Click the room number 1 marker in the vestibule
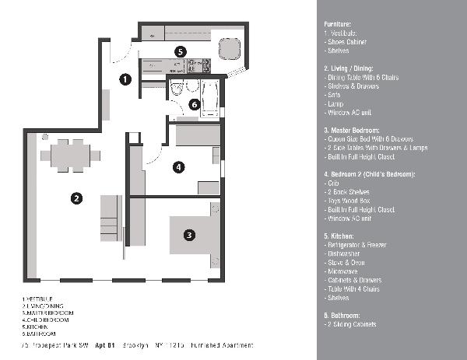(125, 79)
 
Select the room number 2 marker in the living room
(76, 197)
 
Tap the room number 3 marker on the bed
(188, 233)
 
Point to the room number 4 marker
(178, 166)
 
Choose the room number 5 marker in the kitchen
(180, 51)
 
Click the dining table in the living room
(70, 154)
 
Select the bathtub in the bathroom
(211, 97)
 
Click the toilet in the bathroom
(176, 89)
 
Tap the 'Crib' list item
(332, 183)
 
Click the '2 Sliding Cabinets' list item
(351, 324)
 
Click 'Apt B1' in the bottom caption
(105, 344)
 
